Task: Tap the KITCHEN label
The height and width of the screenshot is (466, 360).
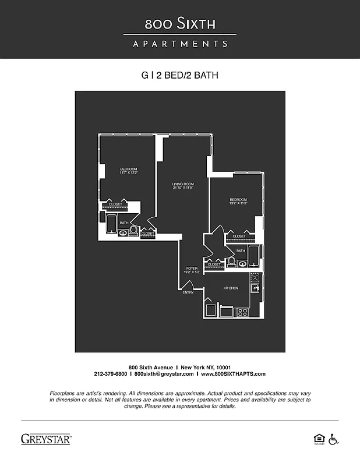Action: coord(231,288)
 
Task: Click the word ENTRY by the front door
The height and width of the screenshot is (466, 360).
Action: coord(188,292)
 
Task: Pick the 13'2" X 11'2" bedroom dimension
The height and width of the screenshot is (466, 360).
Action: coord(238,203)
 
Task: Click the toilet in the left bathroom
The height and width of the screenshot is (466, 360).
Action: coord(134,231)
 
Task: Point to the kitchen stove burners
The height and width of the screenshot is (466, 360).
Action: coord(242,312)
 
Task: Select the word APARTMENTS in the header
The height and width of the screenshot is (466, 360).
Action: coord(180,44)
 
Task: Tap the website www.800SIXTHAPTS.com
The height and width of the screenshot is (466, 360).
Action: coord(233,374)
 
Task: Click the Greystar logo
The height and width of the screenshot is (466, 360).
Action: coord(46,439)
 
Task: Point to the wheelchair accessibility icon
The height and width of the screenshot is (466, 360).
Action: coord(334,439)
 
